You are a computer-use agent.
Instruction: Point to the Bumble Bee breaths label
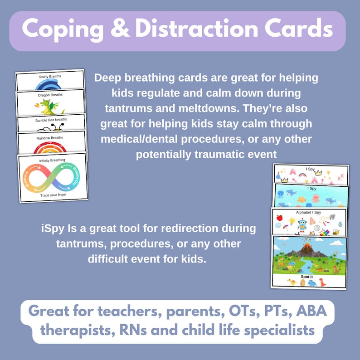(x=51, y=120)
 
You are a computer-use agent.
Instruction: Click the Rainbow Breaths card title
(x=52, y=137)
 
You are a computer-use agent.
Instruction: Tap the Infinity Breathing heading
(x=52, y=160)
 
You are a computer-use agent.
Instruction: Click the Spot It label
(x=309, y=275)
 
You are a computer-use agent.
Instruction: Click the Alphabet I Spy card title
(x=310, y=212)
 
